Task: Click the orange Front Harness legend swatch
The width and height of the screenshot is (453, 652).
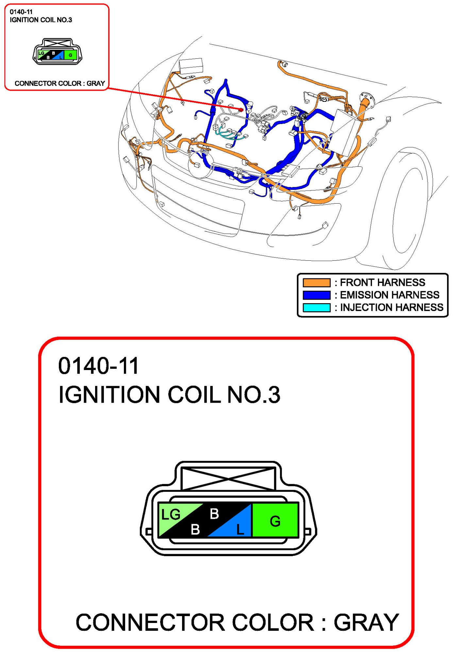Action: click(x=316, y=282)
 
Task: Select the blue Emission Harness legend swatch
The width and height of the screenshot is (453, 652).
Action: click(x=316, y=295)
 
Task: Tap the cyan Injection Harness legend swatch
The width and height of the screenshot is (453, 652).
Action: click(x=316, y=307)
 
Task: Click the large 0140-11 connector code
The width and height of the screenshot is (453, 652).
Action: click(x=98, y=365)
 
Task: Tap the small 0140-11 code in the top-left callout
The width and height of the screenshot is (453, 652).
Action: click(x=21, y=12)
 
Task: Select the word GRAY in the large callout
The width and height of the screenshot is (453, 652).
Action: click(x=366, y=623)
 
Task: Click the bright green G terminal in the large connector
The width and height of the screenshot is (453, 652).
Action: click(x=275, y=521)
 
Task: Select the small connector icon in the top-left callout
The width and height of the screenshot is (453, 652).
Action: click(x=57, y=52)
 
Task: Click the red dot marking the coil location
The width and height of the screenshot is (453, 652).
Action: click(x=241, y=110)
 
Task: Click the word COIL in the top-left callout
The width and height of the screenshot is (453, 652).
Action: click(x=48, y=20)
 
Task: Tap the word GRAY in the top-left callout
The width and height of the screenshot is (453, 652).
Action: click(x=96, y=84)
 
